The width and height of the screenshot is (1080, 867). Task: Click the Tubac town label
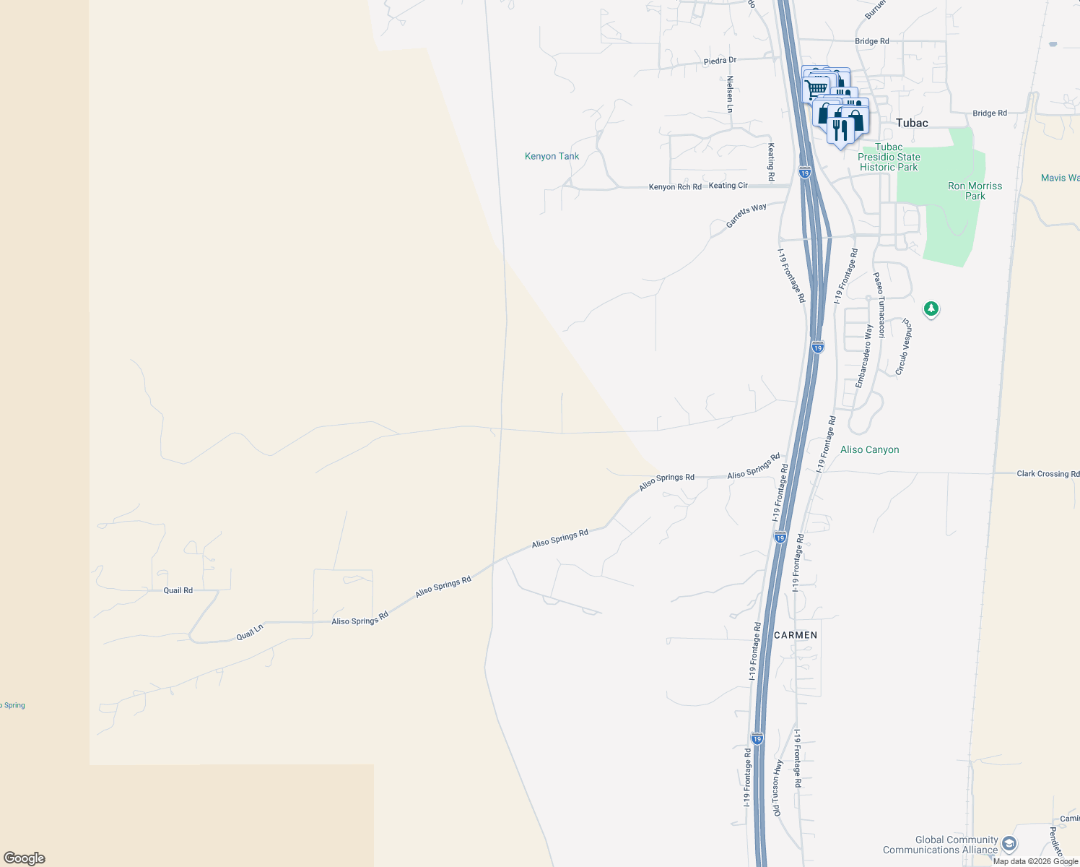coord(912,123)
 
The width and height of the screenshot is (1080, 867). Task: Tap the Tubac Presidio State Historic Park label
coord(889,157)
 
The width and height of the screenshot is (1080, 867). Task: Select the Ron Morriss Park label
coord(975,191)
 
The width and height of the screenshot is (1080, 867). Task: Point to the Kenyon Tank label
coord(552,156)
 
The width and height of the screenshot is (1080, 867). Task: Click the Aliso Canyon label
coord(869,449)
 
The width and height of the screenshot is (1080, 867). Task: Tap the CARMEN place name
coord(796,635)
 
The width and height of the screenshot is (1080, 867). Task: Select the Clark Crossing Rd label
coord(1048,474)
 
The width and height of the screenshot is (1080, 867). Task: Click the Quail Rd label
coord(178,590)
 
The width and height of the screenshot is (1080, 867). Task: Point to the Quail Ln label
coord(250,632)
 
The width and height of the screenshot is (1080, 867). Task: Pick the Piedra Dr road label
coord(720,61)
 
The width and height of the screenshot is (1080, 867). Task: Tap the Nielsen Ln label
coord(730,94)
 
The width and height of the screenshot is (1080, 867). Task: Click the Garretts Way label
coord(746,216)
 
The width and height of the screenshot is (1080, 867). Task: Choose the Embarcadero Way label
coord(863,356)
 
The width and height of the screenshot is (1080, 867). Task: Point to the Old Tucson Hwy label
coord(778,788)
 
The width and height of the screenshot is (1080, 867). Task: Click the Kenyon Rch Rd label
coord(675,187)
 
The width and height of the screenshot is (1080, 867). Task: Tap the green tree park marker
coord(931,309)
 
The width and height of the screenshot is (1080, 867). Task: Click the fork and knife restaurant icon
coord(840,130)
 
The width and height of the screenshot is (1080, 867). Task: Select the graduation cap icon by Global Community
coord(1009,844)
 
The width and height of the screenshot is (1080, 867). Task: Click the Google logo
coord(25,858)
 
